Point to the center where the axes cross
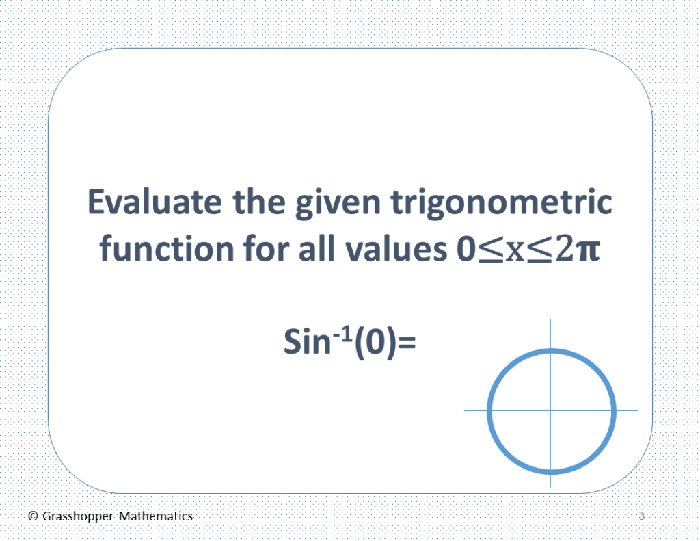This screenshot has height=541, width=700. (551, 410)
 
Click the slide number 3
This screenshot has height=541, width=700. (642, 516)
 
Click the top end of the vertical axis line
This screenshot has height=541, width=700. (551, 320)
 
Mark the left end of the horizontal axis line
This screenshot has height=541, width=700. (465, 410)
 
